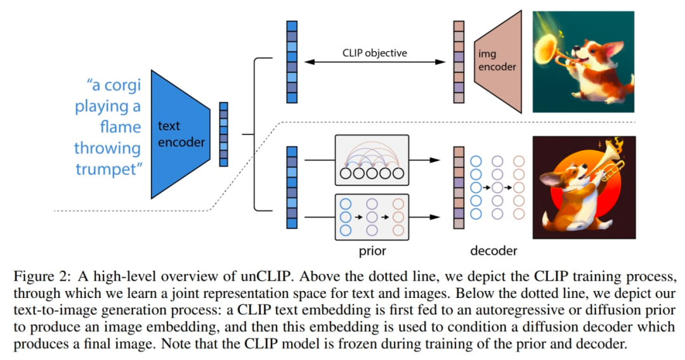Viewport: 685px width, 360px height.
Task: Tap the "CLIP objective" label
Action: point(375,53)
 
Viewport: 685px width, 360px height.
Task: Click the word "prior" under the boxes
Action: point(372,251)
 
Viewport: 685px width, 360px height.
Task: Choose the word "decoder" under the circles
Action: point(493,251)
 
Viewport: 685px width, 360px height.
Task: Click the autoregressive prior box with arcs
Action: point(372,160)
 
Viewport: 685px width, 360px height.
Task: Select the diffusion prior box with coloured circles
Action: point(372,217)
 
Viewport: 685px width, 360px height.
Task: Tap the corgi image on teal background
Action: point(584,62)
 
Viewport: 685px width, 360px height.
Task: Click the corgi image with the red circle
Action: point(584,188)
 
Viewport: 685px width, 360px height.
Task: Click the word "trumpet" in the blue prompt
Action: point(107,169)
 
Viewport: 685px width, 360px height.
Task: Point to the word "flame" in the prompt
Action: point(120,127)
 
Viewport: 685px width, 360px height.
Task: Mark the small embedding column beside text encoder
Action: point(223,134)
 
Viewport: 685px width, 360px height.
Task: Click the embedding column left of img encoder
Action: point(459,61)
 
